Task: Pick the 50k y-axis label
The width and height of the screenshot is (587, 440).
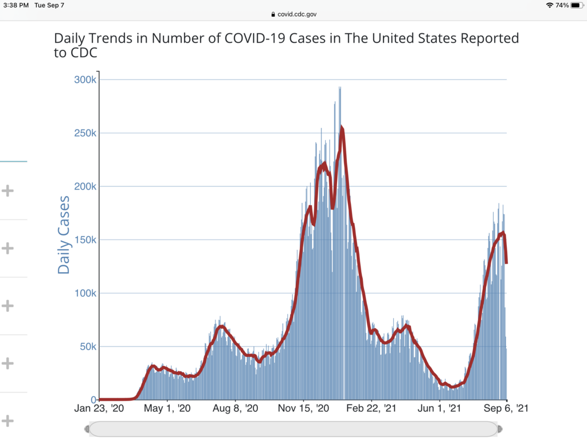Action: [88, 346]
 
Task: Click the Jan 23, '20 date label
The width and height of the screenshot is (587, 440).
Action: [100, 409]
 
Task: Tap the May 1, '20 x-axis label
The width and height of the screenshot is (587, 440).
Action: [167, 409]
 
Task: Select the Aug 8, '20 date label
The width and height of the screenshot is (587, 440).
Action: [235, 409]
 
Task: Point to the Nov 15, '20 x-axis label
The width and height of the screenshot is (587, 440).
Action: [304, 409]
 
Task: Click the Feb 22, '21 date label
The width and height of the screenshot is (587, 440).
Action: [371, 409]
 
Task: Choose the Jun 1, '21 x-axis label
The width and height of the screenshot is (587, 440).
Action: [439, 409]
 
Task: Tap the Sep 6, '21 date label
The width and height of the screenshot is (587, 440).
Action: [507, 409]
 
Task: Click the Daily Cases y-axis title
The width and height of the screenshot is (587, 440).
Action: [64, 235]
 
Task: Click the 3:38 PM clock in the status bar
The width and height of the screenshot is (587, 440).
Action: [15, 5]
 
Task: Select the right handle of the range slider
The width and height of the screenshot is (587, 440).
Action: [500, 429]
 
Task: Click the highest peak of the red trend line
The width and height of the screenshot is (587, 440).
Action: [342, 128]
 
